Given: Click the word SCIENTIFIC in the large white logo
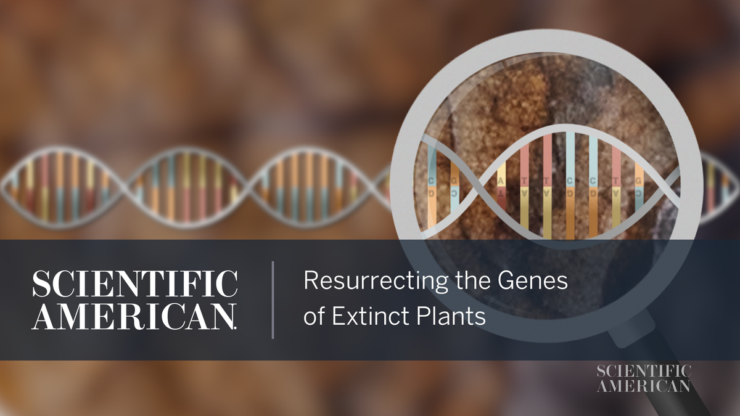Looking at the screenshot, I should pyautogui.click(x=134, y=283).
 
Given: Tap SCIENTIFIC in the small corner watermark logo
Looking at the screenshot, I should pyautogui.click(x=644, y=371).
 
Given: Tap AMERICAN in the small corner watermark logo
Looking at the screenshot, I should pyautogui.click(x=644, y=386).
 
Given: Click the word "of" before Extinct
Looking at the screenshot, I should pyautogui.click(x=315, y=316).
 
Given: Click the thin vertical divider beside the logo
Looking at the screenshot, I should pyautogui.click(x=273, y=300).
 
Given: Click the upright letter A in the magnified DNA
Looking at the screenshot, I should pyautogui.click(x=501, y=181).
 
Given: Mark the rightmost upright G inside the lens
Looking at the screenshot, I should pyautogui.click(x=638, y=181).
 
